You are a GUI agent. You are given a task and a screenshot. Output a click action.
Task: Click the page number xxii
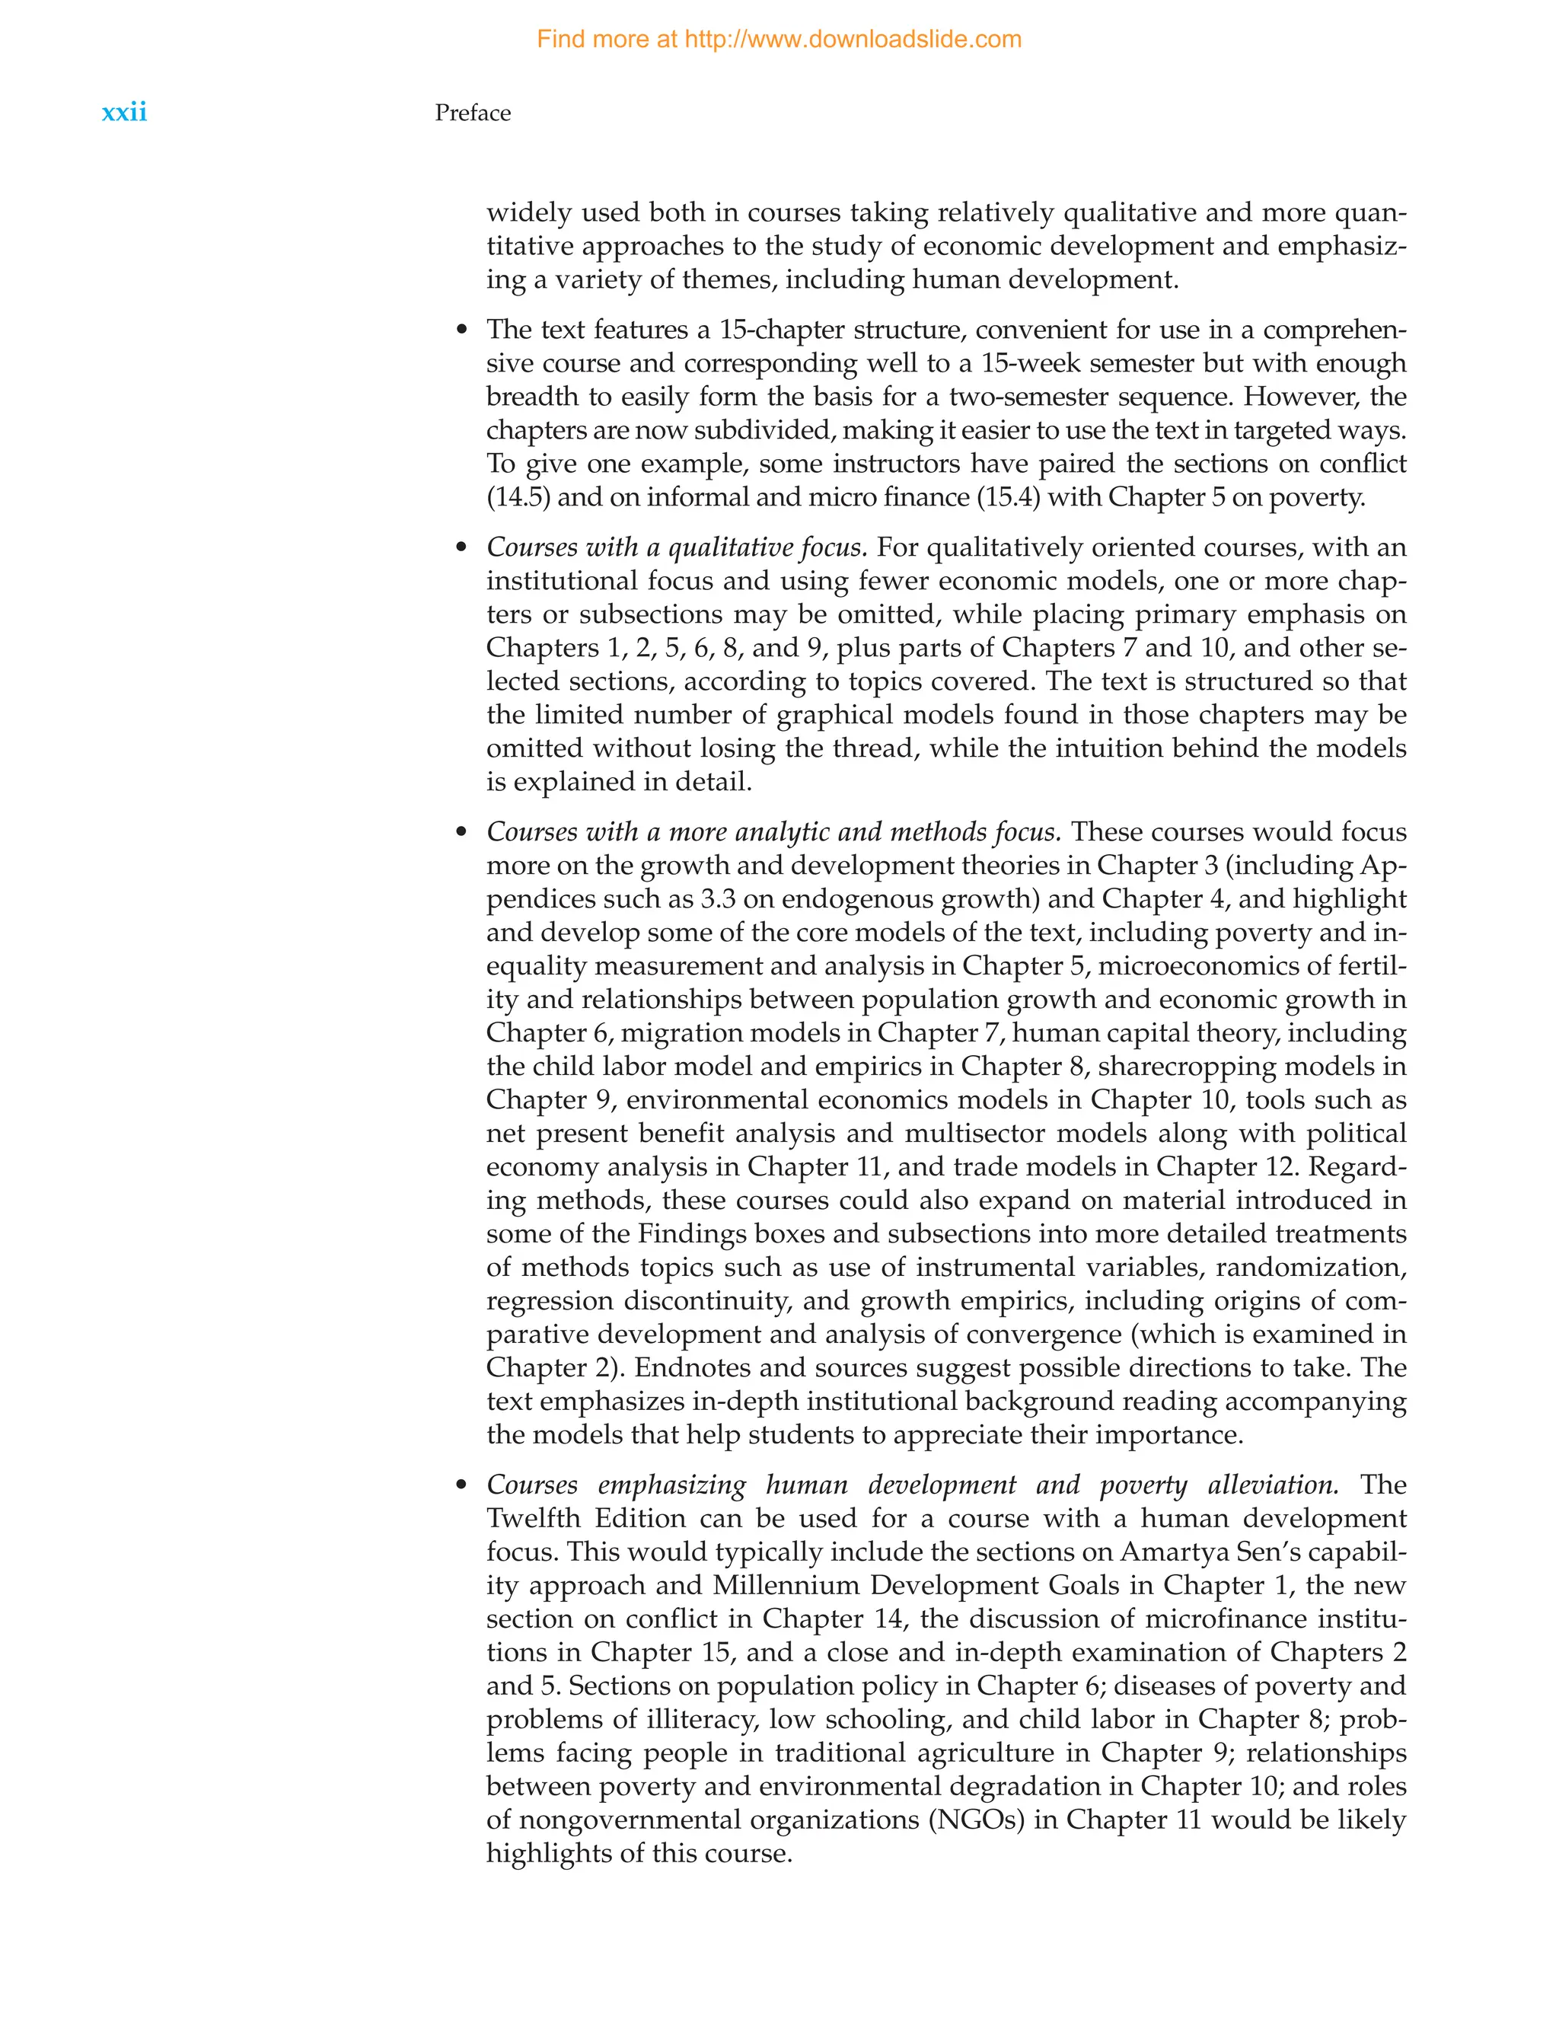pos(124,113)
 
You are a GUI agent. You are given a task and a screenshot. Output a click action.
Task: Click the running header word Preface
pos(472,113)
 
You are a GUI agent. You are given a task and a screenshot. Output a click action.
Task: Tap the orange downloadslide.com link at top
pos(778,40)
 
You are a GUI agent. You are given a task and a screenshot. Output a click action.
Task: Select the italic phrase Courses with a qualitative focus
pos(677,547)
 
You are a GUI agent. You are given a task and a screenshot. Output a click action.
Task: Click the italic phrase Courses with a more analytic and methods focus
pos(773,831)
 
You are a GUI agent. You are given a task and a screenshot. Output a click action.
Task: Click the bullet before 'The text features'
pos(462,331)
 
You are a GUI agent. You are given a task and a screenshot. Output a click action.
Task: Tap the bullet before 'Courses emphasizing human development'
pos(462,1485)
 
